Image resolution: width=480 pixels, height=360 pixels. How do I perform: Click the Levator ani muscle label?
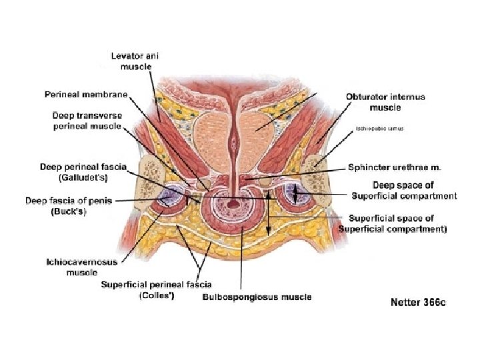136,61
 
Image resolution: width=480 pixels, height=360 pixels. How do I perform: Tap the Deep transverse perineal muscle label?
87,121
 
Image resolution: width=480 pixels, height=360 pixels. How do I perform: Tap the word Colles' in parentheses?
156,296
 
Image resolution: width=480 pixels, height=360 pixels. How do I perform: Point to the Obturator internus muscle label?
385,102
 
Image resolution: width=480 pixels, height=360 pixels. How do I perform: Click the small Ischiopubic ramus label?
380,127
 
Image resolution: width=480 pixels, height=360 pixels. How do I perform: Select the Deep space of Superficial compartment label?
404,190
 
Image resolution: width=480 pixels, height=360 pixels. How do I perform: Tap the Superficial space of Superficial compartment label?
393,223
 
